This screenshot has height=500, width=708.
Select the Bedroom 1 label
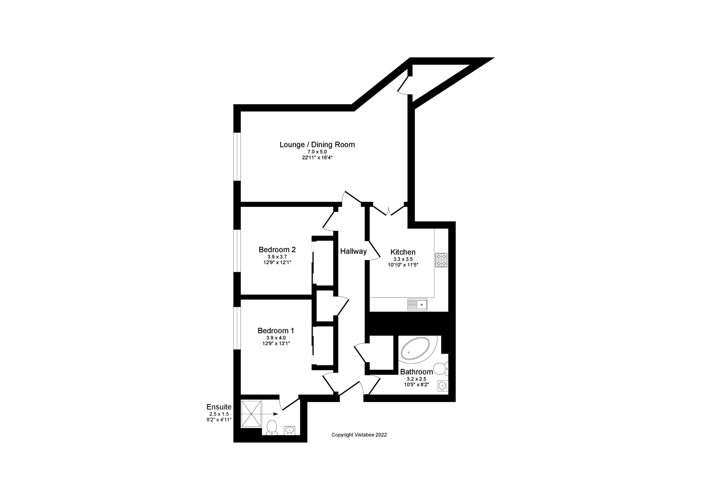point(276,331)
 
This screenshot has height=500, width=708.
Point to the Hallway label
point(353,251)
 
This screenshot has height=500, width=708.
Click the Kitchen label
point(403,252)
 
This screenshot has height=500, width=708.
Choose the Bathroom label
point(416,372)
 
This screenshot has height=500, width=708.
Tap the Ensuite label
point(219,407)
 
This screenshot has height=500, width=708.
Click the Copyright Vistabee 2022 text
point(359,435)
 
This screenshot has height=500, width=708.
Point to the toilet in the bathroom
point(440,368)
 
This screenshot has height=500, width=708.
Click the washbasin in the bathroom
point(443,385)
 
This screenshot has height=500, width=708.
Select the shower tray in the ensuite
point(251,414)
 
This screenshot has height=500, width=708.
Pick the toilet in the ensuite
point(272,427)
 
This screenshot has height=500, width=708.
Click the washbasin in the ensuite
point(289,430)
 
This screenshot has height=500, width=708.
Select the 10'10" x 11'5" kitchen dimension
point(403,265)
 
